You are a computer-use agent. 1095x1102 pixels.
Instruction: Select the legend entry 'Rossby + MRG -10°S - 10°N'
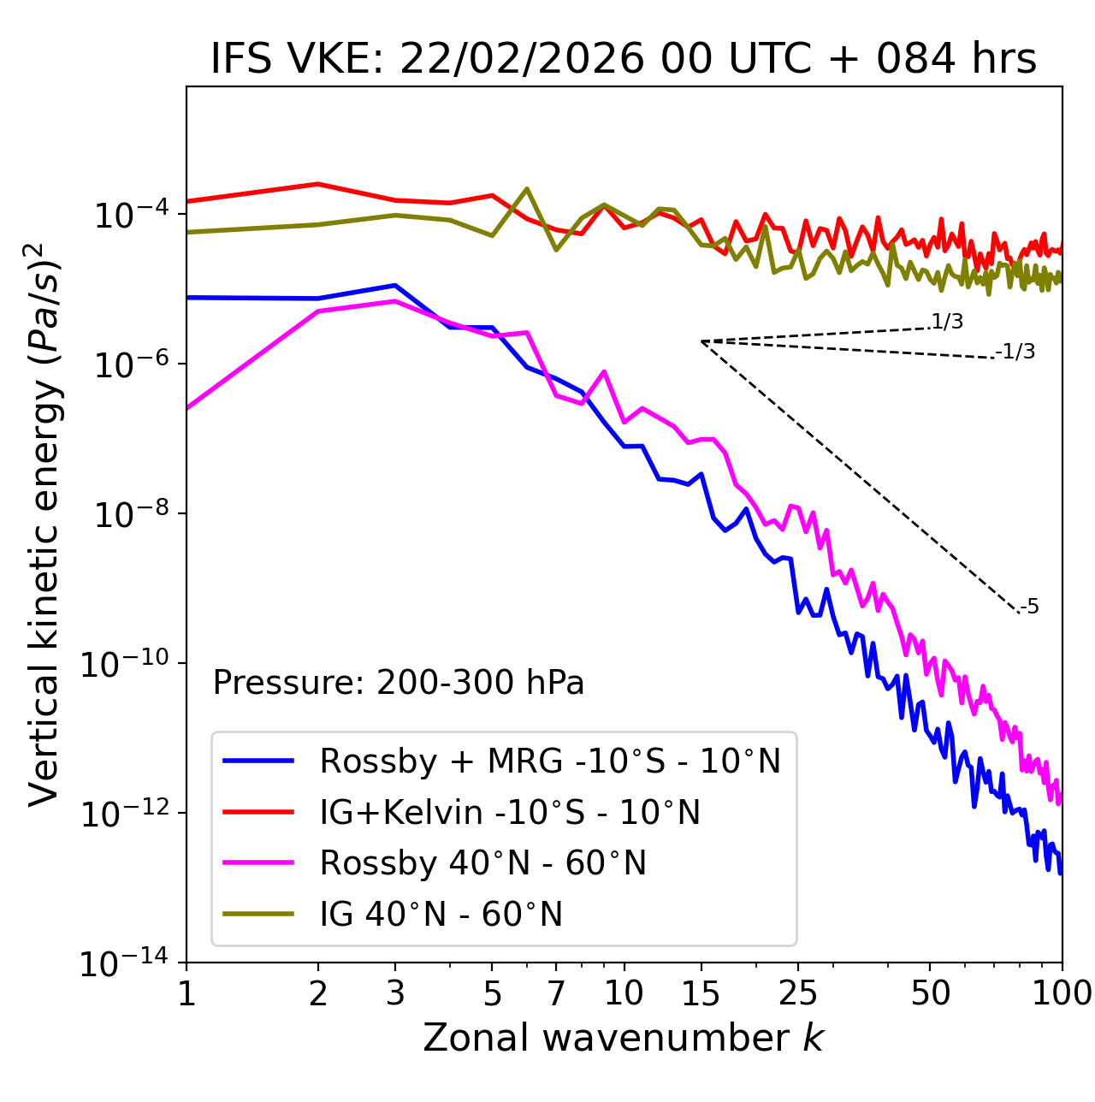pyautogui.click(x=549, y=761)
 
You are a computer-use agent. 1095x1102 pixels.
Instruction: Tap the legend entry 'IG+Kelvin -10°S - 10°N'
pyautogui.click(x=509, y=812)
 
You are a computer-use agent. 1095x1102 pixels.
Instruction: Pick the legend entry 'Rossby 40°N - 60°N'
pyautogui.click(x=482, y=863)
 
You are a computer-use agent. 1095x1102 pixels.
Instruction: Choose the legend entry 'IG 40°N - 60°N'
pyautogui.click(x=441, y=915)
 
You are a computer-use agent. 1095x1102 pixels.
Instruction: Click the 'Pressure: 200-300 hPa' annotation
pyautogui.click(x=398, y=683)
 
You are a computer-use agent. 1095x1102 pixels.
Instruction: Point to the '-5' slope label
pyautogui.click(x=1029, y=607)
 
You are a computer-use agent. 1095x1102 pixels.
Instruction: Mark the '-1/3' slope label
pyautogui.click(x=1016, y=352)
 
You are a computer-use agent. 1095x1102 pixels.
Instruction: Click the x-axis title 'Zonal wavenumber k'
pyautogui.click(x=623, y=1038)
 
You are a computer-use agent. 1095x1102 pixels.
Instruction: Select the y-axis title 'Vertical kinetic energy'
pyautogui.click(x=44, y=524)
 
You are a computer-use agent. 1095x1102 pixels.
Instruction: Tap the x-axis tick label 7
pyautogui.click(x=556, y=993)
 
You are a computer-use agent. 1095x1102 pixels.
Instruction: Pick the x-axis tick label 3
pyautogui.click(x=394, y=993)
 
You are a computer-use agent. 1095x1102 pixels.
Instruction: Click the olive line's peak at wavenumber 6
pyautogui.click(x=527, y=189)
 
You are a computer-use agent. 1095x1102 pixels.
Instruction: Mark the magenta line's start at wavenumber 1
pyautogui.click(x=187, y=408)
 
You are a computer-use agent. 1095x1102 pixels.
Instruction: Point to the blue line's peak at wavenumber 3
pyautogui.click(x=394, y=285)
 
